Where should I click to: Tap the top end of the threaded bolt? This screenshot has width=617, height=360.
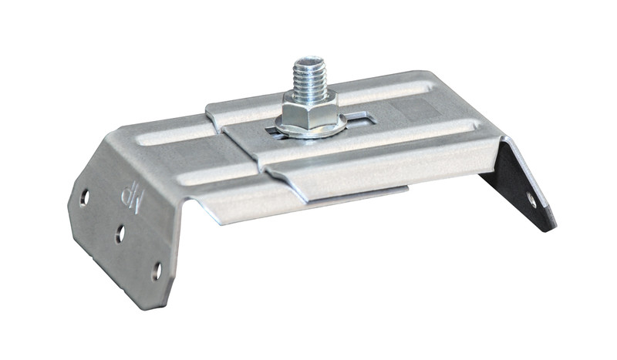[x=309, y=60]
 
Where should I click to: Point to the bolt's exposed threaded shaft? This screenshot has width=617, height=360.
[x=310, y=78]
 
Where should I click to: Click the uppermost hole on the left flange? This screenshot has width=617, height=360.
[x=85, y=197]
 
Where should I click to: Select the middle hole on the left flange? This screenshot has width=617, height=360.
[x=120, y=234]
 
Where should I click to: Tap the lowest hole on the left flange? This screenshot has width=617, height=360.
[x=157, y=271]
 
